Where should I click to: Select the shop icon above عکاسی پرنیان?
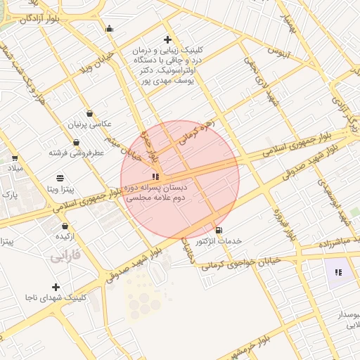point(89,113)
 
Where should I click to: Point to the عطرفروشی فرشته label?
point(76,152)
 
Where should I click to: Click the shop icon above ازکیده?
point(65,226)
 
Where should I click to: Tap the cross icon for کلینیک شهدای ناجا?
point(56,287)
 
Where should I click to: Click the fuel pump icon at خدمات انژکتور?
point(219,230)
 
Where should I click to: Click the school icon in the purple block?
point(338,272)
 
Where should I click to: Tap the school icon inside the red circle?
point(155,176)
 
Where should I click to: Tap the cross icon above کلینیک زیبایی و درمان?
point(167,39)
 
